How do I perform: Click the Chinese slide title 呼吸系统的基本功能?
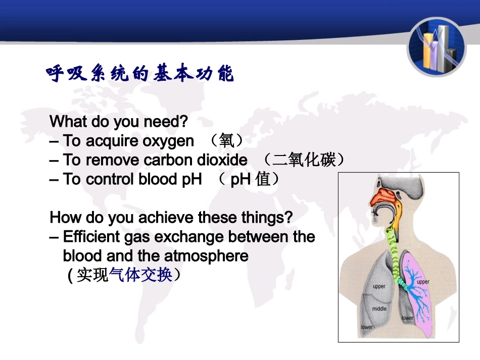(140, 73)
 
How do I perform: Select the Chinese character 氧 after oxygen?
(227, 141)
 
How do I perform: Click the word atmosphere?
(206, 256)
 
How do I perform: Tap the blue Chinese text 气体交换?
(140, 274)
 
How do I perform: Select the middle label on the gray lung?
(379, 308)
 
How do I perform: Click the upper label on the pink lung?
(423, 282)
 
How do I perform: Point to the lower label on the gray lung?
(367, 327)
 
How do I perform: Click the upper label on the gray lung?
(379, 286)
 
